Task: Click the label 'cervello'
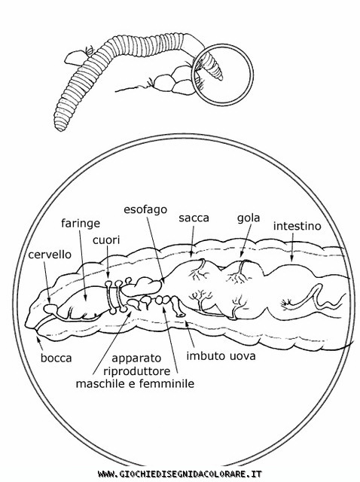[50, 255]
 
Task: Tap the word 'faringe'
[81, 224]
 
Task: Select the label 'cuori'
[106, 240]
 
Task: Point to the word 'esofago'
[145, 209]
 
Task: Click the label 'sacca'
[194, 218]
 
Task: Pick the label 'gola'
[249, 218]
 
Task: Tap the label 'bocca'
[56, 358]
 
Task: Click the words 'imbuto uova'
[221, 356]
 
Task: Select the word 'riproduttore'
[137, 371]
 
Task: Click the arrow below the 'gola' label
[246, 240]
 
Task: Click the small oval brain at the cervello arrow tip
[49, 308]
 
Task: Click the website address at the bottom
[180, 474]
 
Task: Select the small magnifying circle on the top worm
[222, 75]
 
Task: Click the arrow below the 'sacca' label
[193, 242]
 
